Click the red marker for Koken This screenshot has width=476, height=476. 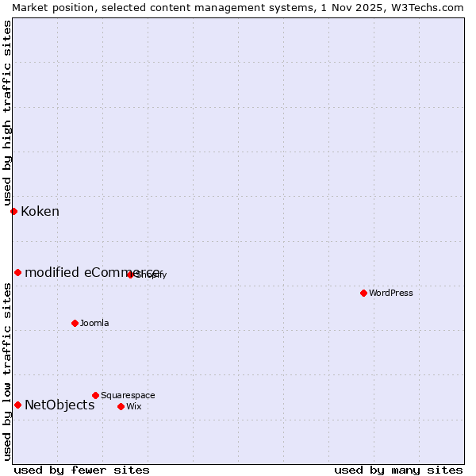pyautogui.click(x=13, y=211)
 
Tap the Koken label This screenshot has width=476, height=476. pyautogui.click(x=40, y=211)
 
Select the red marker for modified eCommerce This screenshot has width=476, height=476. pyautogui.click(x=17, y=272)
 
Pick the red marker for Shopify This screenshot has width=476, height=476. pyautogui.click(x=130, y=274)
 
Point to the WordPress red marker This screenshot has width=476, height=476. pyautogui.click(x=363, y=293)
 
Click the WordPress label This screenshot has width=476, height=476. pyautogui.click(x=390, y=293)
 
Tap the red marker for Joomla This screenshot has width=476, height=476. pyautogui.click(x=75, y=323)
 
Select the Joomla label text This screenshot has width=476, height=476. pyautogui.click(x=94, y=323)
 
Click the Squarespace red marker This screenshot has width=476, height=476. pyautogui.click(x=95, y=395)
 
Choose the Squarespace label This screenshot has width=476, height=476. pyautogui.click(x=128, y=395)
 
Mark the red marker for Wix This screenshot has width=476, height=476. pyautogui.click(x=121, y=406)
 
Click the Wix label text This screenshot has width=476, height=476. pyautogui.click(x=133, y=406)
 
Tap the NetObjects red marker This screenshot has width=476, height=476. pyautogui.click(x=17, y=405)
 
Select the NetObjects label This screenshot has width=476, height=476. pyautogui.click(x=59, y=405)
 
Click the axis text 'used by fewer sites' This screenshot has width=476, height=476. pyautogui.click(x=82, y=470)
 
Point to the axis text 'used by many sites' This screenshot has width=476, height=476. pyautogui.click(x=398, y=470)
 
